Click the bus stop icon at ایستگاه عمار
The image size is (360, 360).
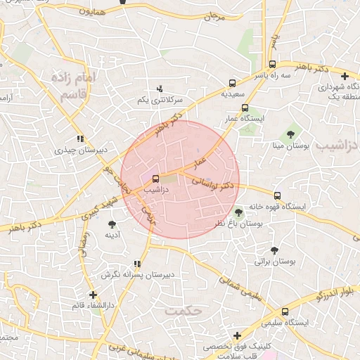(x=245, y=108)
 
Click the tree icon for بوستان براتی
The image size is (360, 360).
(x=274, y=250)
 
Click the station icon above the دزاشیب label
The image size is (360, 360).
(x=156, y=179)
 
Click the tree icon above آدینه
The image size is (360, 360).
(x=112, y=224)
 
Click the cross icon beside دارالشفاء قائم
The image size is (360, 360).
(x=93, y=295)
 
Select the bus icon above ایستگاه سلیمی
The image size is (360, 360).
(x=285, y=311)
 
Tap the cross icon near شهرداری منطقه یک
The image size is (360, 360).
(x=345, y=76)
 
